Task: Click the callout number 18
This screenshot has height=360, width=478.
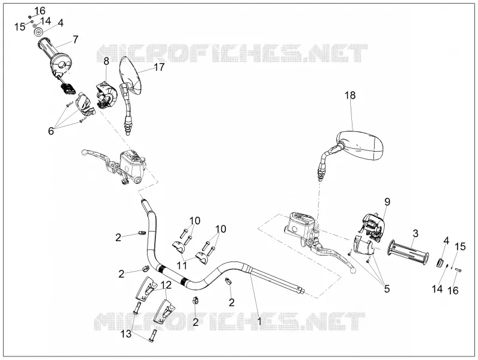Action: pyautogui.click(x=350, y=96)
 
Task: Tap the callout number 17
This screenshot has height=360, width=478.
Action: pyautogui.click(x=159, y=67)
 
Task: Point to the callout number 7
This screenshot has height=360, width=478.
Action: pyautogui.click(x=75, y=39)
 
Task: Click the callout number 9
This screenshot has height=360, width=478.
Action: pyautogui.click(x=387, y=201)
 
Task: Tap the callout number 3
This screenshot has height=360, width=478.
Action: pyautogui.click(x=415, y=233)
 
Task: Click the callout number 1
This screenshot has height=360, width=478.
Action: pyautogui.click(x=259, y=321)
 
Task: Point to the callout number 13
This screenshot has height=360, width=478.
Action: pyautogui.click(x=125, y=334)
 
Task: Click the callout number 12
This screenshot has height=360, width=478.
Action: pyautogui.click(x=166, y=285)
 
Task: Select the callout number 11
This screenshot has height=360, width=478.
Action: pyautogui.click(x=182, y=265)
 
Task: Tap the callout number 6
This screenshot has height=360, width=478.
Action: pyautogui.click(x=51, y=131)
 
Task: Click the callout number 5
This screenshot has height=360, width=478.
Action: pyautogui.click(x=387, y=288)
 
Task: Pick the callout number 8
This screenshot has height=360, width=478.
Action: pyautogui.click(x=106, y=61)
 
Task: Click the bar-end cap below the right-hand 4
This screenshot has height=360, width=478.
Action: pyautogui.click(x=440, y=262)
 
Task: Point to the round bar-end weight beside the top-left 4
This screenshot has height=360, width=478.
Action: pyautogui.click(x=38, y=32)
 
